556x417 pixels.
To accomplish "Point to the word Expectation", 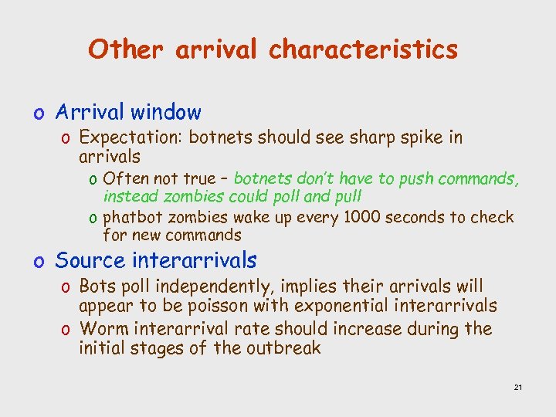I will click(131, 137).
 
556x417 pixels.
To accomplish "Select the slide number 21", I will click(517, 386).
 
